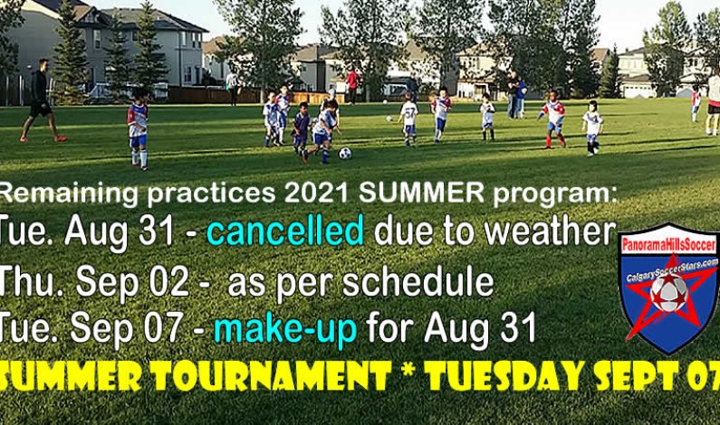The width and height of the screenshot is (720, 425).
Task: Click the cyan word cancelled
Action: click(285, 233)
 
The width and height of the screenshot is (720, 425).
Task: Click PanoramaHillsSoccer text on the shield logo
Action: click(669, 245)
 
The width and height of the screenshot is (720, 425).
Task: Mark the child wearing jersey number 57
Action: click(409, 116)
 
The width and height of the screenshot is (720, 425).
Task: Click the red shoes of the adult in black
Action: click(59, 138)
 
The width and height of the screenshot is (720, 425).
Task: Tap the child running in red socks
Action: click(553, 120)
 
